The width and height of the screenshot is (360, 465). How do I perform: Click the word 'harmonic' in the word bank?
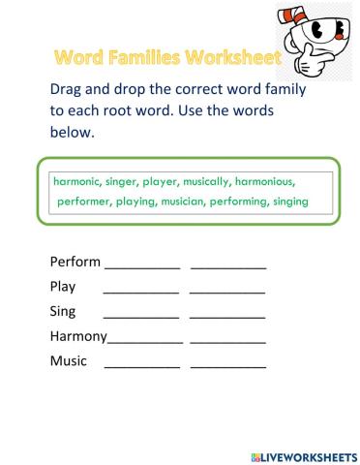tap(79, 180)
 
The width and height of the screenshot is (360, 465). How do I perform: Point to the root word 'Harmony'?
tap(78, 336)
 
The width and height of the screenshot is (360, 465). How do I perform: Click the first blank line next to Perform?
tap(142, 266)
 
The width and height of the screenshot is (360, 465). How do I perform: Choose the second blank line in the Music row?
tap(227, 366)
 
